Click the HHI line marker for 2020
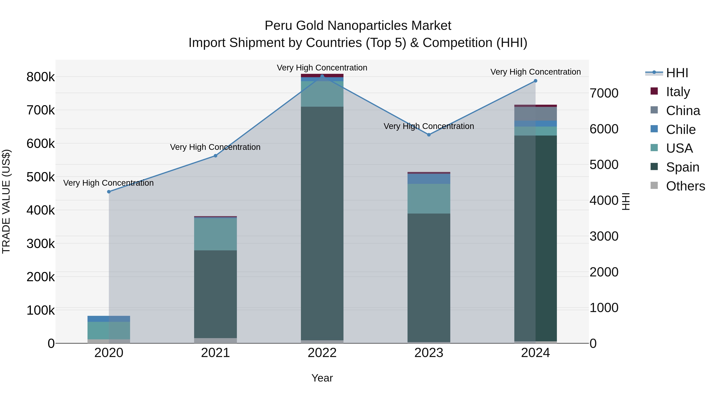click(x=109, y=192)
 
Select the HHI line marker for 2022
click(x=322, y=76)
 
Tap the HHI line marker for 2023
click(x=429, y=135)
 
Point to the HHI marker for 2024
click(x=535, y=81)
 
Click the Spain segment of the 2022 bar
click(x=322, y=222)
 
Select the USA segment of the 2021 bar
click(x=215, y=234)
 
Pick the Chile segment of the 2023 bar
click(x=429, y=179)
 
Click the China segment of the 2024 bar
click(x=535, y=114)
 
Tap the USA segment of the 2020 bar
click(x=109, y=330)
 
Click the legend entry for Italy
click(x=678, y=92)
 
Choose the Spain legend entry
click(x=682, y=167)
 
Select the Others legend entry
click(x=685, y=186)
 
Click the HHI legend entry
click(x=677, y=73)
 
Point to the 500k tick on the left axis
click(x=41, y=177)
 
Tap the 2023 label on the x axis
click(x=429, y=353)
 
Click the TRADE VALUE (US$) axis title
click(x=6, y=201)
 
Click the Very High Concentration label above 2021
click(x=215, y=147)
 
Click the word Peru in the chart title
click(x=278, y=26)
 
